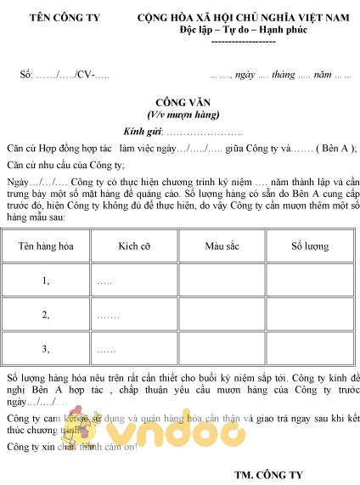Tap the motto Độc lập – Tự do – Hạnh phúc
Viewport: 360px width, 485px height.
(x=244, y=30)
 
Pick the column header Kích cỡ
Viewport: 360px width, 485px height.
(x=134, y=246)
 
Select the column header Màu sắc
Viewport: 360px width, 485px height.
(x=222, y=246)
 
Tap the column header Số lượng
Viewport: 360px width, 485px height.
(x=310, y=246)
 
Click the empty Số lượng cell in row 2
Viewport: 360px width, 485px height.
(x=310, y=315)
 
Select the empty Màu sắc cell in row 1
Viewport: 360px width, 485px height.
(x=222, y=280)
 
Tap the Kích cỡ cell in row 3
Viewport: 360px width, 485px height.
(x=134, y=349)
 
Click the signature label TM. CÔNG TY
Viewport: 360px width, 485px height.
(x=268, y=473)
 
